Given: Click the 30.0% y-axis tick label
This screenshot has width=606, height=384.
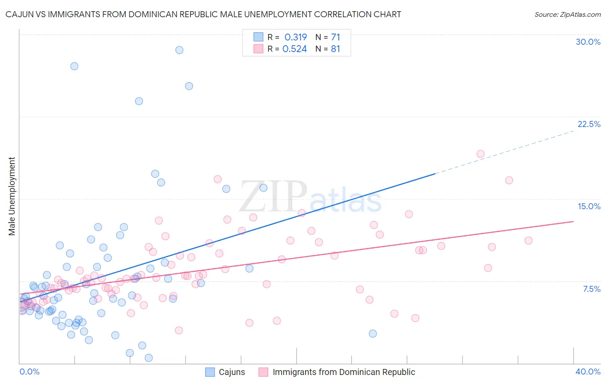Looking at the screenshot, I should (588, 42).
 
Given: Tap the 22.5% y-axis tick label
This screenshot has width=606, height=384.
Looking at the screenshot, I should (589, 124).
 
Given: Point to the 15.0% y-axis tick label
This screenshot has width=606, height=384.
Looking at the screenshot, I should (589, 207).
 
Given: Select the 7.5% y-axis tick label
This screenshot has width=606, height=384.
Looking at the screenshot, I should (591, 289).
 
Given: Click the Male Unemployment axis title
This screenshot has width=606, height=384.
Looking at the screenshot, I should (12, 196).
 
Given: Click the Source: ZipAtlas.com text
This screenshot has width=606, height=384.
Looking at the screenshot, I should (567, 15).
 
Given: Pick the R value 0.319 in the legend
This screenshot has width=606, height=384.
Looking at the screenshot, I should (296, 37).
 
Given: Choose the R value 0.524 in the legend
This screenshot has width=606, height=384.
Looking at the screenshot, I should (295, 49).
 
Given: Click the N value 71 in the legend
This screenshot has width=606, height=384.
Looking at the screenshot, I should (336, 37).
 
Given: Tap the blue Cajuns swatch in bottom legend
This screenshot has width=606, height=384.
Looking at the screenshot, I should (210, 372).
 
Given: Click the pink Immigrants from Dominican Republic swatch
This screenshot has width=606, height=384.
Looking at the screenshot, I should (263, 372).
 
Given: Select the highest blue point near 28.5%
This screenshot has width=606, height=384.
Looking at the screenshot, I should (179, 50).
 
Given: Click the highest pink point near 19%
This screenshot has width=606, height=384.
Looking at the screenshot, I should (481, 154).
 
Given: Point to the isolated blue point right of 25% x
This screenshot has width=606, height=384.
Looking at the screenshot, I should (373, 334).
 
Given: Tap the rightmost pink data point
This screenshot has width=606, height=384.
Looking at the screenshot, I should (528, 241).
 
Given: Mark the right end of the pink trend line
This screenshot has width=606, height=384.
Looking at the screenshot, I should (573, 221).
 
